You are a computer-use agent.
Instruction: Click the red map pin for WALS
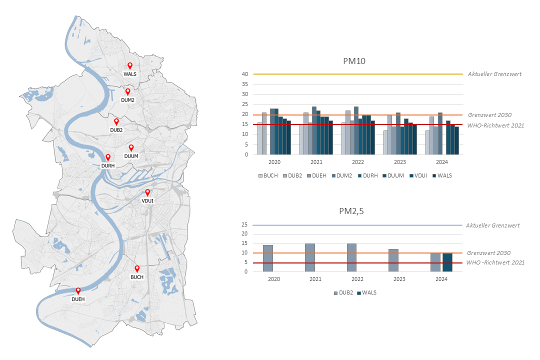click(x=130, y=65)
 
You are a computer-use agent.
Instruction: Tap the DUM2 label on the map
click(x=127, y=100)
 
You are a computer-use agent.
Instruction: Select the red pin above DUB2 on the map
click(x=116, y=121)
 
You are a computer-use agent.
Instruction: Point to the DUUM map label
click(x=131, y=156)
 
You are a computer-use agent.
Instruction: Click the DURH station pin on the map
click(x=108, y=157)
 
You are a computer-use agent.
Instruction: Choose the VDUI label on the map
click(x=147, y=200)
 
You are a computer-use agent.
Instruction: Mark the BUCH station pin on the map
click(x=137, y=268)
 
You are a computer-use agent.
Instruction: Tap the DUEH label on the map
click(x=78, y=299)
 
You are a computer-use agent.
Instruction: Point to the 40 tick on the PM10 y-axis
click(x=245, y=74)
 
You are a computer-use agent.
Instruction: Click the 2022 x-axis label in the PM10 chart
click(x=357, y=162)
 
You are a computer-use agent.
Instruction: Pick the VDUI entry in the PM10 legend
click(x=419, y=175)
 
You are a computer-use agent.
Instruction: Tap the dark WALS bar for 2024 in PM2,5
click(x=447, y=262)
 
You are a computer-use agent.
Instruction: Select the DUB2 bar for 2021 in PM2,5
click(x=310, y=257)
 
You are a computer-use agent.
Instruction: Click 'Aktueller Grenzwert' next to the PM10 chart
click(x=494, y=74)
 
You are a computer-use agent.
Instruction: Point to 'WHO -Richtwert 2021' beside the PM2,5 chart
click(x=495, y=262)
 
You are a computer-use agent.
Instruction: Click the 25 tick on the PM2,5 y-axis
click(x=245, y=225)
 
